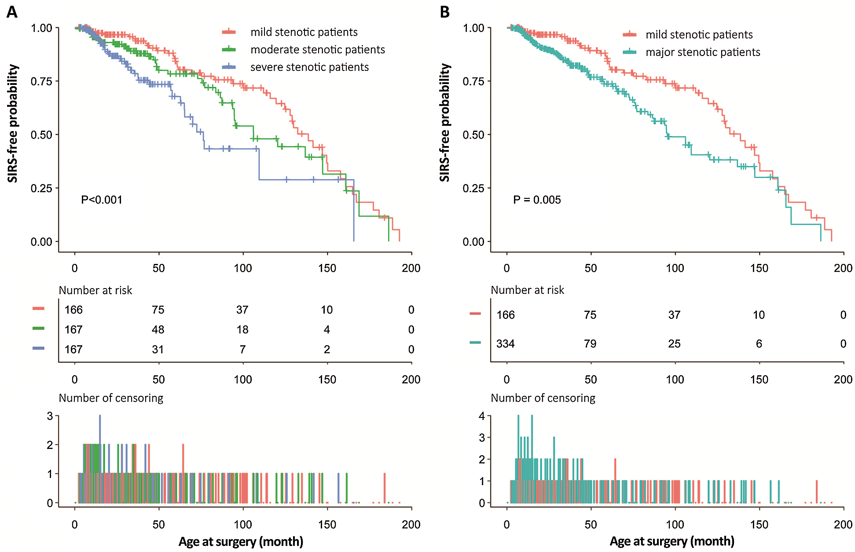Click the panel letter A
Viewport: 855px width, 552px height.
[12, 12]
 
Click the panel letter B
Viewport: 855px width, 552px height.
[444, 12]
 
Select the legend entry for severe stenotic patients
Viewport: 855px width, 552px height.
[309, 67]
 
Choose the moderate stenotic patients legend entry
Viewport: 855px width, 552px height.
[317, 50]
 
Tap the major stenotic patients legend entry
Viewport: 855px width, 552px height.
[702, 52]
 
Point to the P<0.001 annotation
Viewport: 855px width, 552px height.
[102, 200]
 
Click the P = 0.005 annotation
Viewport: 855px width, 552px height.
[537, 200]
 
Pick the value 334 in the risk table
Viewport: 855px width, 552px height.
[505, 344]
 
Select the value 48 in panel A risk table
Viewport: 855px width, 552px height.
[158, 330]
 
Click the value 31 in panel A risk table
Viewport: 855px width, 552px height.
[158, 350]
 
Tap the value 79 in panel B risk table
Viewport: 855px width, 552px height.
[590, 344]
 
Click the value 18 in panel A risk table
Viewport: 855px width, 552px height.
[242, 330]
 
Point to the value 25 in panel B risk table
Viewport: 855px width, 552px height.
[674, 344]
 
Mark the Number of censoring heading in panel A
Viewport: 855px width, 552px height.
[111, 398]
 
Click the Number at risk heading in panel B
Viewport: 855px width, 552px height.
[527, 290]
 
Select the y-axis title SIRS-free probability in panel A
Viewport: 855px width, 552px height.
[13, 123]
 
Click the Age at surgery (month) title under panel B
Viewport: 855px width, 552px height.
[672, 541]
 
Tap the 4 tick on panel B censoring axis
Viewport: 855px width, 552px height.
[482, 416]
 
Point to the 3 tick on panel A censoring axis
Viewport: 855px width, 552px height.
[50, 416]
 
